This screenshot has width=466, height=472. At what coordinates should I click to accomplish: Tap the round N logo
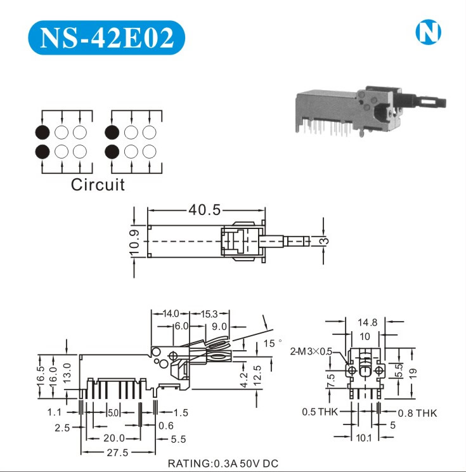pyautogui.click(x=428, y=32)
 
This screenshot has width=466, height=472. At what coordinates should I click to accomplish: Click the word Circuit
pyautogui.click(x=98, y=185)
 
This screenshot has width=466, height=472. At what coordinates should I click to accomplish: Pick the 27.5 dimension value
pyautogui.click(x=117, y=452)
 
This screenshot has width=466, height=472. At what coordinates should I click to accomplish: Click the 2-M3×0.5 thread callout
pyautogui.click(x=311, y=351)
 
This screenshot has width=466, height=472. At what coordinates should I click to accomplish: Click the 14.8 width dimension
pyautogui.click(x=366, y=322)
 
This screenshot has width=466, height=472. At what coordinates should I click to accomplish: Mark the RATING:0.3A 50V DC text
pyautogui.click(x=223, y=464)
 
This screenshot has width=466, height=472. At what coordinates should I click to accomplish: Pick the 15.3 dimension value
pyautogui.click(x=209, y=314)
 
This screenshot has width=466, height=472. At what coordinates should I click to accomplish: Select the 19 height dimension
pyautogui.click(x=413, y=373)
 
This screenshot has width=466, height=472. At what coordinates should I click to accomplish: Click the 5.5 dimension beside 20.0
pyautogui.click(x=179, y=438)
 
